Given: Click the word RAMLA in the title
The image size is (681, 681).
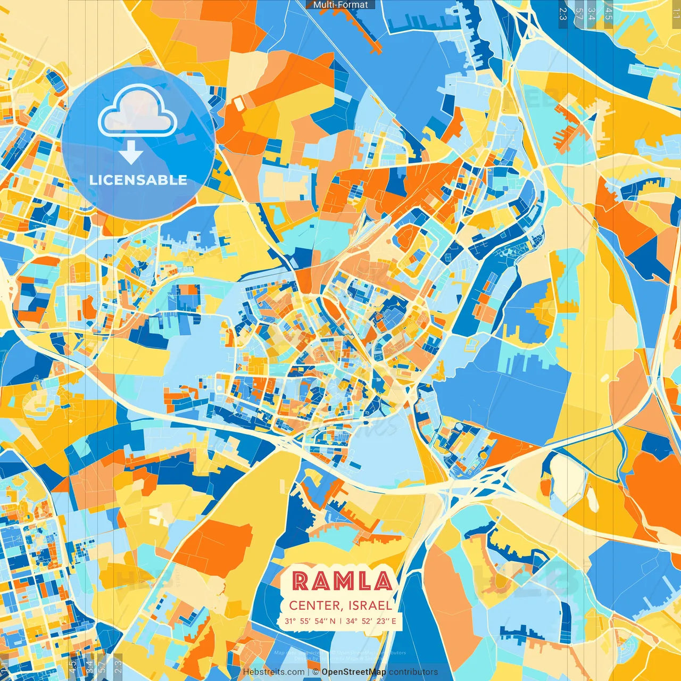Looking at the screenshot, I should [342, 581].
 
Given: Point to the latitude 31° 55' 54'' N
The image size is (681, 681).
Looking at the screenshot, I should [310, 621].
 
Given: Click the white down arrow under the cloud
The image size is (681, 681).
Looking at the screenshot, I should [131, 154].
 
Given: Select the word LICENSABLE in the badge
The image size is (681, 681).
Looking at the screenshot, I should [138, 180].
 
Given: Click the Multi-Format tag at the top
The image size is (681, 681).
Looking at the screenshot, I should [340, 5].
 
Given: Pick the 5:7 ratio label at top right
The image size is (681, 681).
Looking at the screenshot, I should [579, 13].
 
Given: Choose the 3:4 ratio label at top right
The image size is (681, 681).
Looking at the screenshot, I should [591, 13].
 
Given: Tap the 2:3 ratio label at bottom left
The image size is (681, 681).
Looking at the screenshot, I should [118, 667].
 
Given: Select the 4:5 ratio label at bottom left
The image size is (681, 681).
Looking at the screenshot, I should [72, 667].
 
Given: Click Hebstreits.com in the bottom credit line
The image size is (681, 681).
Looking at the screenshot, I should [273, 672].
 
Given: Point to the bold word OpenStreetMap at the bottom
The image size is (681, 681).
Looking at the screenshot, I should [354, 672].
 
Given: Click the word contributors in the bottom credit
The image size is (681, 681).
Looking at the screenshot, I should [413, 672].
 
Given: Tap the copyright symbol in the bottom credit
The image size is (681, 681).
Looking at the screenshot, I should [315, 672].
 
